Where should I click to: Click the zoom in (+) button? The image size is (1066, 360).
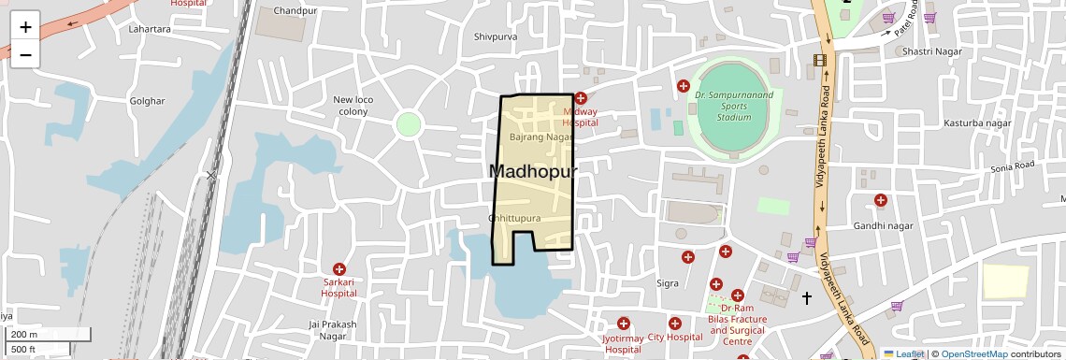(x=25, y=27)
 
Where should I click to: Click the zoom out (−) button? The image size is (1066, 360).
(x=25, y=54)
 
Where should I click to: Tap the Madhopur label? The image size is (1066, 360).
(x=532, y=171)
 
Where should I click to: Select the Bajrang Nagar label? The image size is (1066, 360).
(x=540, y=137)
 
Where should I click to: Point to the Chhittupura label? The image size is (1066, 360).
(x=514, y=218)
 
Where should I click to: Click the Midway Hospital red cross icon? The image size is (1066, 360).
(x=581, y=97)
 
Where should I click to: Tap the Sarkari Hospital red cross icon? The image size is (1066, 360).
(x=339, y=269)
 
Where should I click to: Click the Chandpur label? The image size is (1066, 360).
(x=295, y=11)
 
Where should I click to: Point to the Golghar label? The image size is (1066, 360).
(x=148, y=101)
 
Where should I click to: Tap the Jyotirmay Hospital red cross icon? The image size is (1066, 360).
(x=624, y=324)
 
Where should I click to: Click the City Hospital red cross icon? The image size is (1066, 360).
(x=675, y=324)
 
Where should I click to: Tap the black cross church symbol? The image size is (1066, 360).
(x=807, y=297)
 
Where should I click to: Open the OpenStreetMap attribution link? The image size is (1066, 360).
(x=973, y=353)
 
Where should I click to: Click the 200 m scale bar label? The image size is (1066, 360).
(x=25, y=335)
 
